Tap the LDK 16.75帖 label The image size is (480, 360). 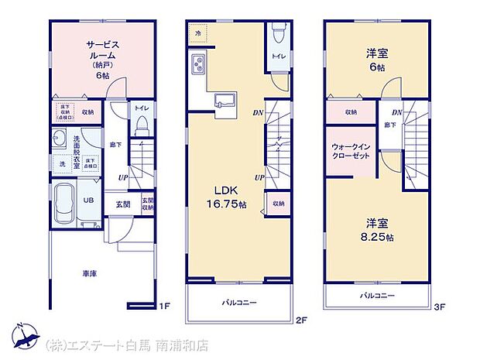pos(225,198)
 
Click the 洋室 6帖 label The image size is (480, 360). pos(378,60)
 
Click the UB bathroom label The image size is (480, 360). pos(89,199)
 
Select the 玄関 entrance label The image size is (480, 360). pos(123,205)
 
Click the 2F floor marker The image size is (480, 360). pos(302,320)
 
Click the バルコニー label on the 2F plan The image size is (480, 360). pos(239,302)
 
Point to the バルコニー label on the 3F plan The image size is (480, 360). pos(377,296)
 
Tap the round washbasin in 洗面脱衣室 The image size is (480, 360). pos(60,139)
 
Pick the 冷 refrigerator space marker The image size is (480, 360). pos(197,34)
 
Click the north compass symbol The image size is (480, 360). pos(23,334)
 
